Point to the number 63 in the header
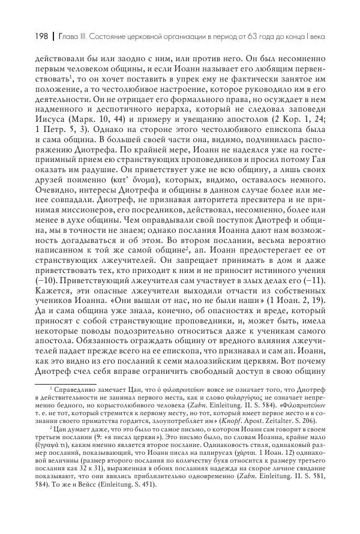(x=248, y=37)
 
